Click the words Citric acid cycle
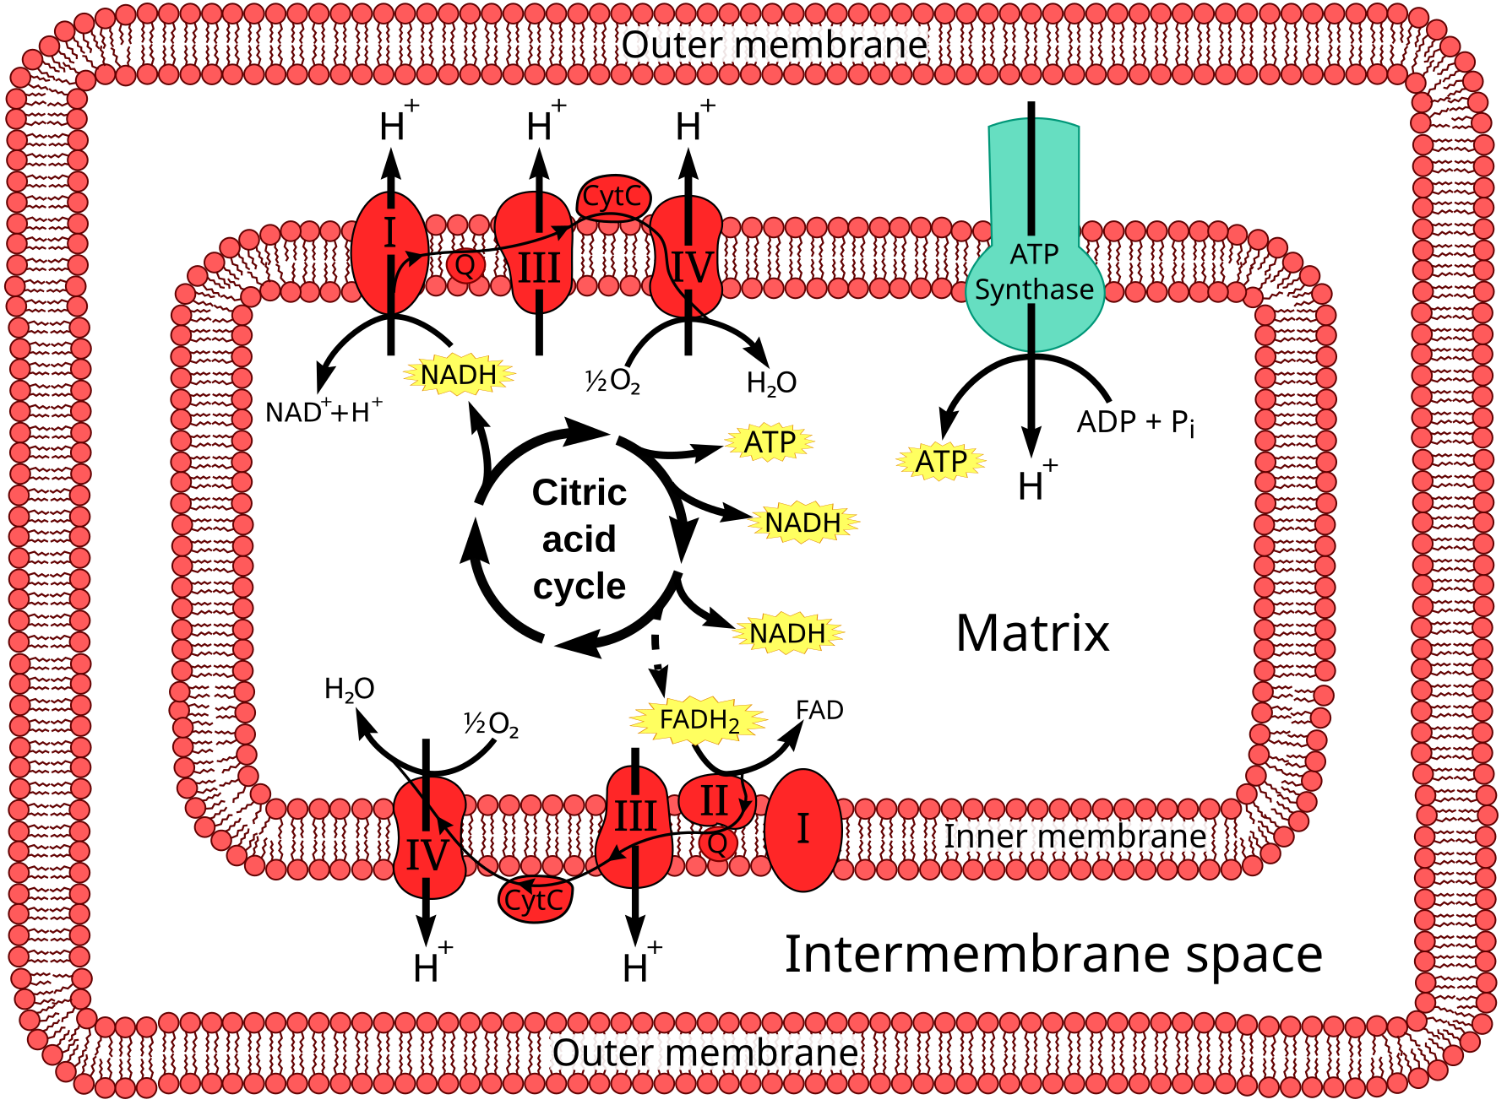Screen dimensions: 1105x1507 (579, 539)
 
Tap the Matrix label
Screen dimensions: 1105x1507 (1032, 633)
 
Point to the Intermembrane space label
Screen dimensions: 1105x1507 (1053, 955)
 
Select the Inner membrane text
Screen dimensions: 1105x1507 (1074, 837)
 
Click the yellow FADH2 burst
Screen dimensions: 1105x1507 (699, 720)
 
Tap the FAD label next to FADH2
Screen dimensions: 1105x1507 (819, 711)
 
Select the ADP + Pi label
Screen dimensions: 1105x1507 (1135, 422)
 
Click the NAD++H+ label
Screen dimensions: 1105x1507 (324, 412)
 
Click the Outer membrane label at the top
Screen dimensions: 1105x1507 (775, 46)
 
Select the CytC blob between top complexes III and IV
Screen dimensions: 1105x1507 (613, 197)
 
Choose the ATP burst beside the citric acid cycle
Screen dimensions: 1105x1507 (770, 442)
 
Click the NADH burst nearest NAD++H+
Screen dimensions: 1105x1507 (459, 374)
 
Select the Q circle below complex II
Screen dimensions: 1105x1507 (718, 842)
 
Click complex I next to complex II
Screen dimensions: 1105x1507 (802, 829)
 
